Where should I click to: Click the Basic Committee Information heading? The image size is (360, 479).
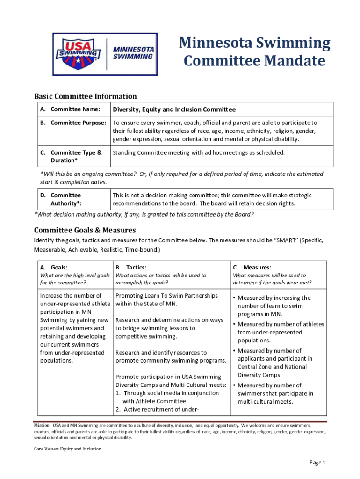tap(85, 96)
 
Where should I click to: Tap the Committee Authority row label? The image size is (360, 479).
tap(65, 199)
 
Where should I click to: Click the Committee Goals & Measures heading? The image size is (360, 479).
tap(85, 230)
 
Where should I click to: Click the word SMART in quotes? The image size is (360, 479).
tap(287, 240)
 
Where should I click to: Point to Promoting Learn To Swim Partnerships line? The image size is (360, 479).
tap(166, 296)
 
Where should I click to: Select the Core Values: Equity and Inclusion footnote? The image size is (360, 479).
tap(67, 449)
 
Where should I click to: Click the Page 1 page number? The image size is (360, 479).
tap(317, 463)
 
